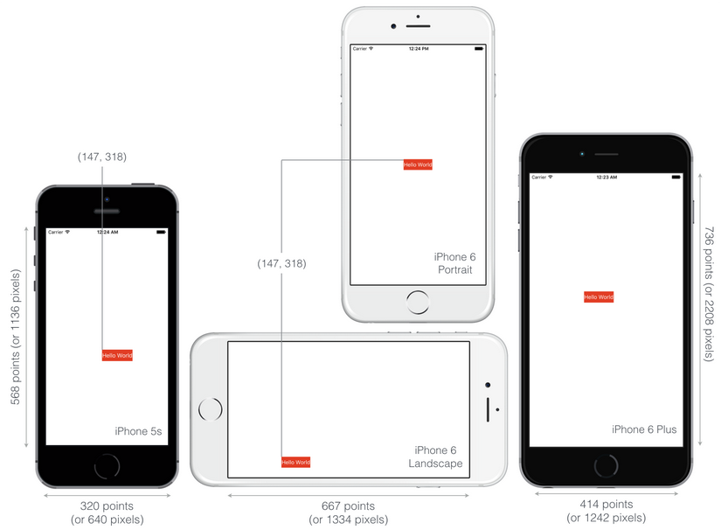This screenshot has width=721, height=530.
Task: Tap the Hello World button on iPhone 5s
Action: tap(117, 355)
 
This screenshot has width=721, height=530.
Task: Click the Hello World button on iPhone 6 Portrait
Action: tap(418, 164)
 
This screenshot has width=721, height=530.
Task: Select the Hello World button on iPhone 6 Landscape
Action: tap(295, 462)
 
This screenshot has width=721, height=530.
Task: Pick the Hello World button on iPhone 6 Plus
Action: tap(599, 297)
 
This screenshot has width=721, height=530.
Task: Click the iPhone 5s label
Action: tap(138, 431)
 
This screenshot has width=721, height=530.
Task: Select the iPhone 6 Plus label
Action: tap(644, 429)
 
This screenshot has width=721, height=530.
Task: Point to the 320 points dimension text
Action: tap(107, 506)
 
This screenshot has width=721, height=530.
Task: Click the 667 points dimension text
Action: tap(348, 506)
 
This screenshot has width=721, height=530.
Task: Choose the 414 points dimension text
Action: tap(606, 505)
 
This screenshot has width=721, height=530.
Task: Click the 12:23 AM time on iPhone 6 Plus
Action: tap(607, 178)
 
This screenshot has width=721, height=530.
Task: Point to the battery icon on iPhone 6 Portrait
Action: tap(479, 48)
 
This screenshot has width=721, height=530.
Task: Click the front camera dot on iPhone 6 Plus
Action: tap(582, 154)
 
